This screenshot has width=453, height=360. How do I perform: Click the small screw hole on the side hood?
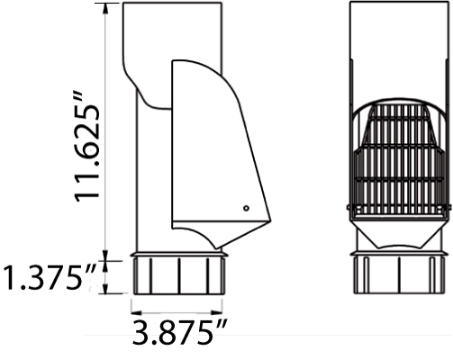pos(246,209)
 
